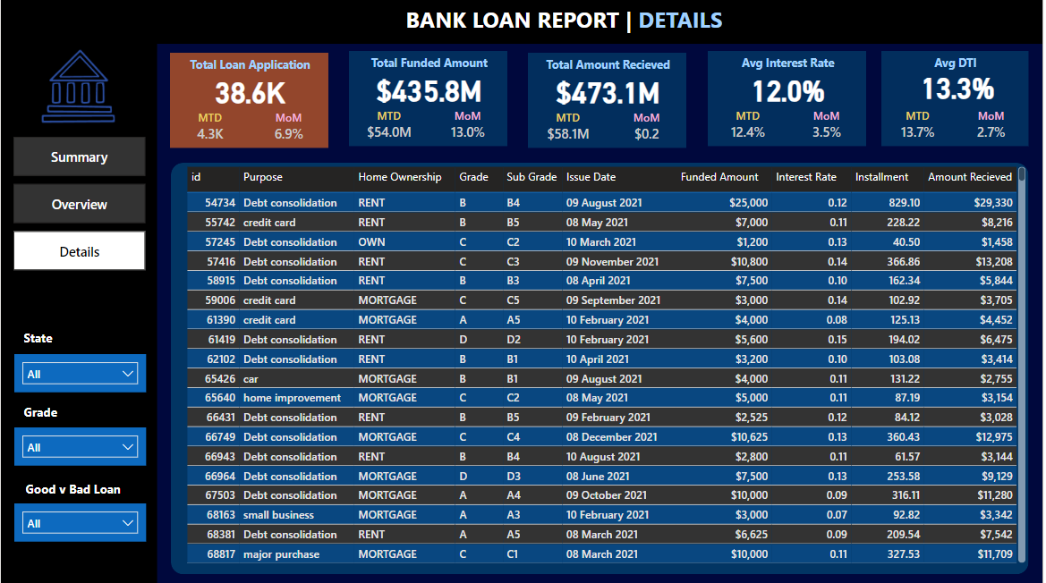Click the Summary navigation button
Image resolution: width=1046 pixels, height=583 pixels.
click(80, 157)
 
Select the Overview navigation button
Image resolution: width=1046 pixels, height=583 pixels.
click(80, 204)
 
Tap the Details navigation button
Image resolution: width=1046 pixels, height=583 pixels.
click(80, 251)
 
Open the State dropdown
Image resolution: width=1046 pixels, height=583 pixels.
click(80, 374)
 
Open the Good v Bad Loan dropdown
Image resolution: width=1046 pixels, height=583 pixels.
click(80, 523)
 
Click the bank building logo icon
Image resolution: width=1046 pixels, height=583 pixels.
click(78, 87)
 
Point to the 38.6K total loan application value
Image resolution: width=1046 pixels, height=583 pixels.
click(251, 93)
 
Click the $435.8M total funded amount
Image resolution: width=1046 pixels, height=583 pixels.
click(429, 91)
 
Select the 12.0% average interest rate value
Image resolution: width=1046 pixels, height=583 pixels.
click(788, 91)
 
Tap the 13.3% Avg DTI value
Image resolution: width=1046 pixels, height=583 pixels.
click(958, 89)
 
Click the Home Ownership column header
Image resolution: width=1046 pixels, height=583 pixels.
click(400, 176)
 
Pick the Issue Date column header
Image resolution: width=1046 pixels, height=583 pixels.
click(591, 176)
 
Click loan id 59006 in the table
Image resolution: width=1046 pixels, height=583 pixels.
click(220, 300)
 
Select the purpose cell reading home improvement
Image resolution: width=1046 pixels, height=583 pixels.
click(293, 398)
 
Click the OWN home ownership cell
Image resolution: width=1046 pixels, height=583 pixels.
click(371, 241)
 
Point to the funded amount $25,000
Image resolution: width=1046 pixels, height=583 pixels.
click(748, 203)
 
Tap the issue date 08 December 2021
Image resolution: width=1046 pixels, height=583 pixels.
click(612, 437)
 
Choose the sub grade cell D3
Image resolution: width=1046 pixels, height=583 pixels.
click(513, 477)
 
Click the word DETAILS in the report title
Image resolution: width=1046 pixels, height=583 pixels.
click(680, 20)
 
